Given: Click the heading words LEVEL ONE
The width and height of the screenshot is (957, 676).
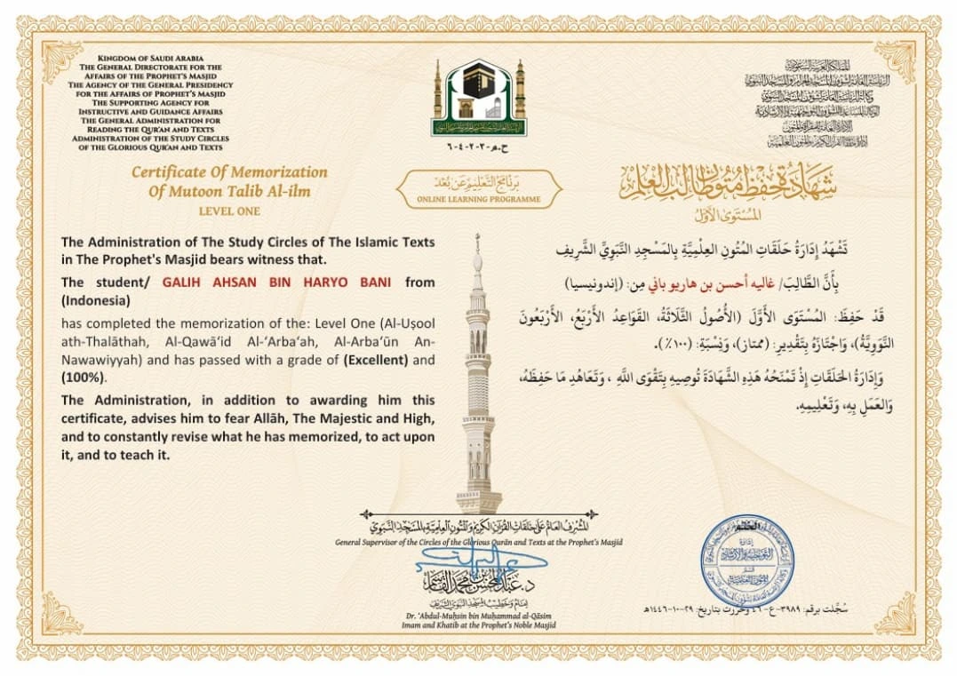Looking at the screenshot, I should pos(229,211).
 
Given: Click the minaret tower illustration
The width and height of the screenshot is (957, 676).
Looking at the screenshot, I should pos(478,382).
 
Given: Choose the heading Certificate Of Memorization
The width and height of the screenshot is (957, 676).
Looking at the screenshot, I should pos(229,172).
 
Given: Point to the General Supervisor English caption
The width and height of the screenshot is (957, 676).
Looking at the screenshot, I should pos(479,542).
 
